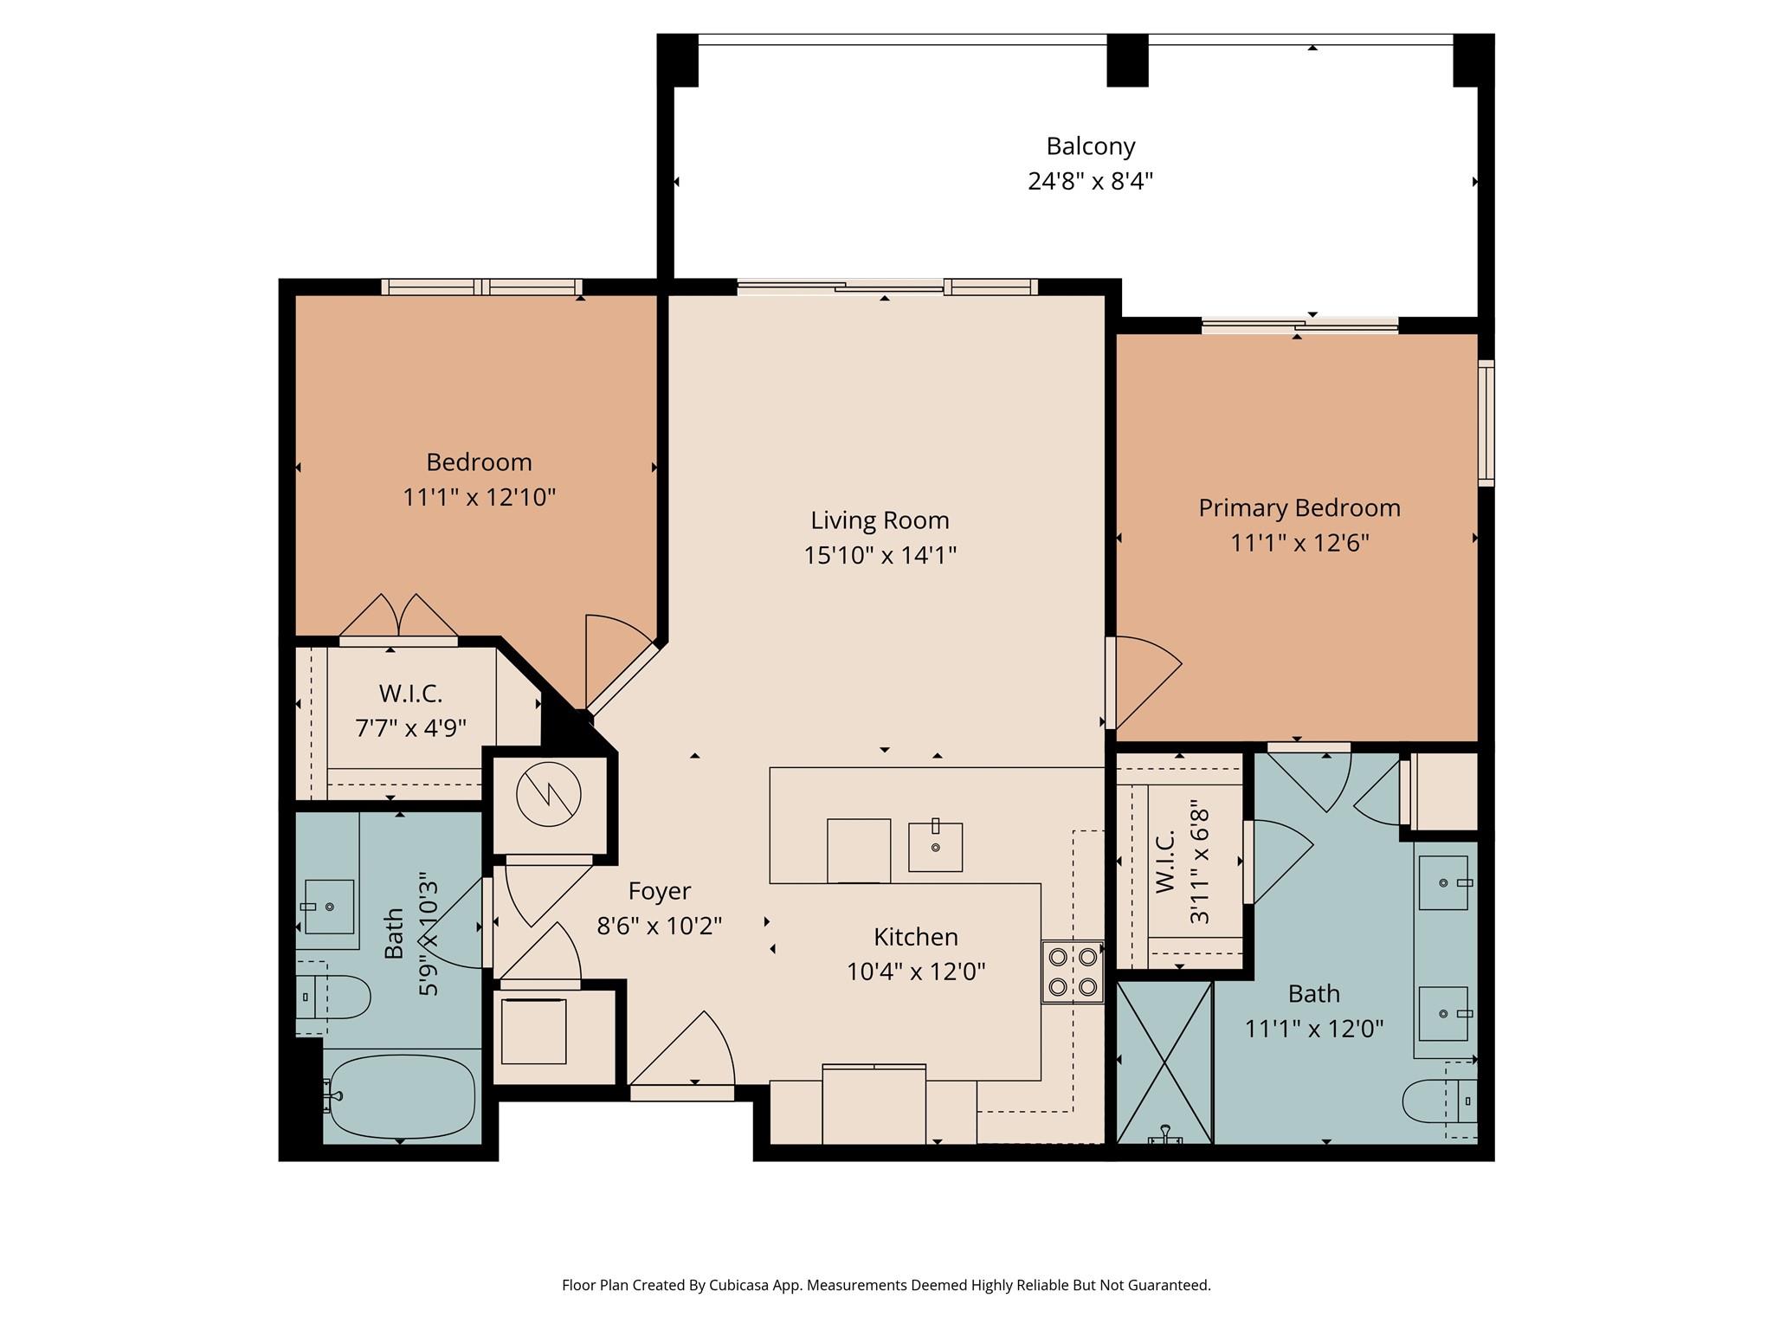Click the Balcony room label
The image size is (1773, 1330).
(1090, 146)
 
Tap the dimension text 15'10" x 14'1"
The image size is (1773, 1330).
(880, 555)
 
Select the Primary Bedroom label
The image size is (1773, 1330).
(1299, 507)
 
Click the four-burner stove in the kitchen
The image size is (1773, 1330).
(1073, 972)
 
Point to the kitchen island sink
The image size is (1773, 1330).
(935, 846)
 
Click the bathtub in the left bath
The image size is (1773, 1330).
(403, 1096)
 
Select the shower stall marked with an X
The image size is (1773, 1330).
(1164, 1062)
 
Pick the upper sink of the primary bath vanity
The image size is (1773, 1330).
(1443, 883)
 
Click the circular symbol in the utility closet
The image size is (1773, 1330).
(549, 796)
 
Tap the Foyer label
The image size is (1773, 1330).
(660, 891)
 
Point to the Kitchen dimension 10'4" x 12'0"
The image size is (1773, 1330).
(916, 972)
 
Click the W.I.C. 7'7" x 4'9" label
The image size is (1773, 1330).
(410, 710)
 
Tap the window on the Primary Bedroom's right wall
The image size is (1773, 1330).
(1486, 422)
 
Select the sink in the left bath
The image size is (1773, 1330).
(328, 907)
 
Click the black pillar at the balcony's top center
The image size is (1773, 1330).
(1127, 60)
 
